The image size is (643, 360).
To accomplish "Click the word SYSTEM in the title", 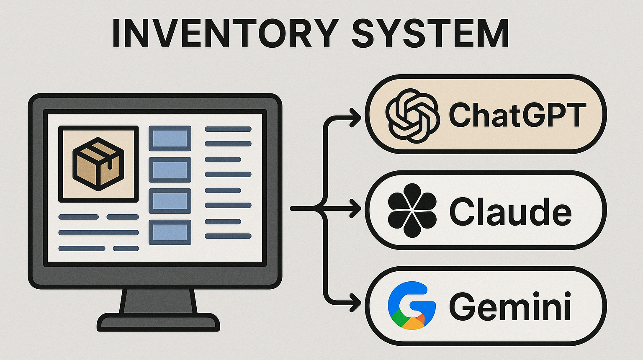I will click(430, 33).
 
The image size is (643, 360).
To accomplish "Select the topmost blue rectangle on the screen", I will click(170, 138).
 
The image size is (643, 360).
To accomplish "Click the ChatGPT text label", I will click(517, 115).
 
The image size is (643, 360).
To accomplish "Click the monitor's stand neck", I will click(158, 301).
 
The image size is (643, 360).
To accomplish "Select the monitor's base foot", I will click(158, 322).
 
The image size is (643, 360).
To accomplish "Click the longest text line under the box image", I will click(98, 232).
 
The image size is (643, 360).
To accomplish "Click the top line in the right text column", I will click(228, 129).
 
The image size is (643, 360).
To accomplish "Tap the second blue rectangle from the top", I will click(170, 170).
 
